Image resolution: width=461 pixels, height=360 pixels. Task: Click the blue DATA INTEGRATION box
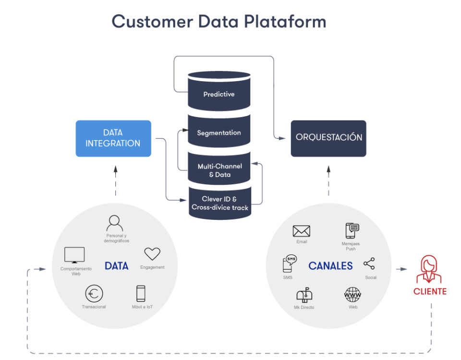coord(113,138)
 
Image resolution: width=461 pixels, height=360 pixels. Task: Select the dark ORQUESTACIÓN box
coord(328,138)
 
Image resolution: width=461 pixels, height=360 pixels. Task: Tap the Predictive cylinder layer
coord(219,94)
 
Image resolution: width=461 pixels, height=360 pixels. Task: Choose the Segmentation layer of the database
coord(219,132)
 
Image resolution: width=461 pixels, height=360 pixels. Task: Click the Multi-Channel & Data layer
coord(219,170)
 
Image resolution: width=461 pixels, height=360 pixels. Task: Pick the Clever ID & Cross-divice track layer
coord(219,204)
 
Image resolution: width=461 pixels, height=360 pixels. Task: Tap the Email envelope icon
coord(302,231)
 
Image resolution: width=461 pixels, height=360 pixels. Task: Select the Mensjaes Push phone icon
coord(352,231)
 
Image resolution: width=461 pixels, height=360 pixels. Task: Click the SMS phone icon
coord(289,264)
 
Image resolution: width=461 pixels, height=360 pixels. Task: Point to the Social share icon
coord(369,264)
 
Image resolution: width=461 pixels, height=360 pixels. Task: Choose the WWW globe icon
coord(353,294)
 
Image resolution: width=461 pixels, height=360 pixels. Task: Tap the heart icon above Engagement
coord(152,254)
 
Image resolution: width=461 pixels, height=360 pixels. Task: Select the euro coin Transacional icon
coord(94,293)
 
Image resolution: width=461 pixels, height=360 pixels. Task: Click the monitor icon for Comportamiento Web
coord(74,255)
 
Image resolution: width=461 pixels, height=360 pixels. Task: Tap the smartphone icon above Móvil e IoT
coord(141,293)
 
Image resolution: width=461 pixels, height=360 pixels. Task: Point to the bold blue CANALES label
coord(330,265)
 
